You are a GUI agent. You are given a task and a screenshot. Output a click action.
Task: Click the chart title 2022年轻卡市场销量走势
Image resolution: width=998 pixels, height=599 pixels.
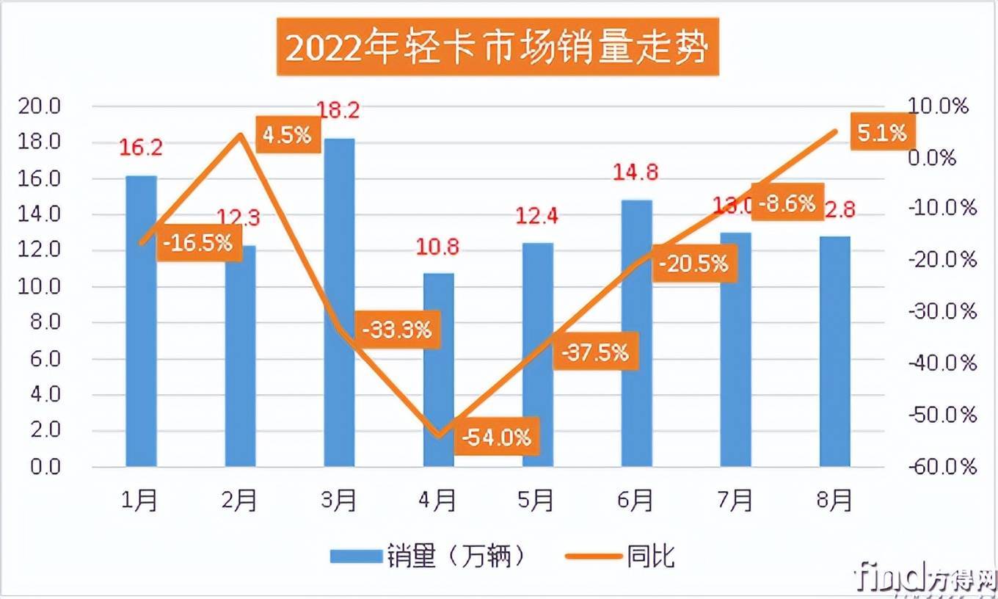pyautogui.click(x=498, y=48)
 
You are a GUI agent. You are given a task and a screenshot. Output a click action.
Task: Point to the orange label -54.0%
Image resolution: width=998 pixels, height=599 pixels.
pyautogui.click(x=497, y=438)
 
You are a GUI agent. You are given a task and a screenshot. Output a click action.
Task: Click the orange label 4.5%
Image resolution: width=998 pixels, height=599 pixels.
pyautogui.click(x=287, y=135)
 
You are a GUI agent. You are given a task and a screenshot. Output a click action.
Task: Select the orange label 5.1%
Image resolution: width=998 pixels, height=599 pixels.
pyautogui.click(x=881, y=132)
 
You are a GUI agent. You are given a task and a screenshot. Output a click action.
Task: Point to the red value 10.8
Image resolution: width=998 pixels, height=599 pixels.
pyautogui.click(x=438, y=246)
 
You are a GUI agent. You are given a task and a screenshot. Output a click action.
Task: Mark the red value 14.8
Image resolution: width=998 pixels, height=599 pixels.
pyautogui.click(x=636, y=173)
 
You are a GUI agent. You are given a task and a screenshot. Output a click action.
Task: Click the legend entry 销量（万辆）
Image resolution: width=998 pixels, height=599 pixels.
pyautogui.click(x=429, y=556)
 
